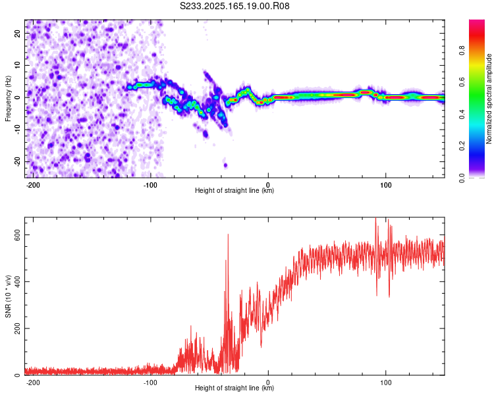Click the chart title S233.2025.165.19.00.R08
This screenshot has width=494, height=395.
click(234, 6)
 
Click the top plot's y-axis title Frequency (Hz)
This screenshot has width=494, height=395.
click(8, 99)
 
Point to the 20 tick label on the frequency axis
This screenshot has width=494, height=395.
click(18, 34)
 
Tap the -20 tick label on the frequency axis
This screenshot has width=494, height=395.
click(18, 161)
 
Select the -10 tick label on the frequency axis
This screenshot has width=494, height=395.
click(18, 130)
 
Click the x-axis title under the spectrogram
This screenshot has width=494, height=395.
click(234, 190)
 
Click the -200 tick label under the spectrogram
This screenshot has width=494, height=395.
click(32, 185)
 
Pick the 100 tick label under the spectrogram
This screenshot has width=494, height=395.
click(385, 185)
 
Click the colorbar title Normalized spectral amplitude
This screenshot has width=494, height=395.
click(489, 99)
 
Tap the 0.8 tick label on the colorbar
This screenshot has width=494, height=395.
click(462, 51)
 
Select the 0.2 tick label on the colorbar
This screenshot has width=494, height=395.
click(462, 146)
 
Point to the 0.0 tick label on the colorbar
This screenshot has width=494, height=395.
click(462, 178)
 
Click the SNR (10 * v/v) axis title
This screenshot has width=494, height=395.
click(8, 296)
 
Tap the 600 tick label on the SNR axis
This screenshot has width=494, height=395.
click(18, 234)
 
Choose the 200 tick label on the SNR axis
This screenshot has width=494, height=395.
click(18, 329)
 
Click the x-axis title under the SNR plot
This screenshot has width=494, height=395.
click(234, 388)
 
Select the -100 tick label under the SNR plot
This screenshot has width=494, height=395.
click(150, 382)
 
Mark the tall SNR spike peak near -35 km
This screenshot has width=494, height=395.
click(228, 234)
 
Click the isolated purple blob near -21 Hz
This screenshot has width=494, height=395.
click(225, 165)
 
